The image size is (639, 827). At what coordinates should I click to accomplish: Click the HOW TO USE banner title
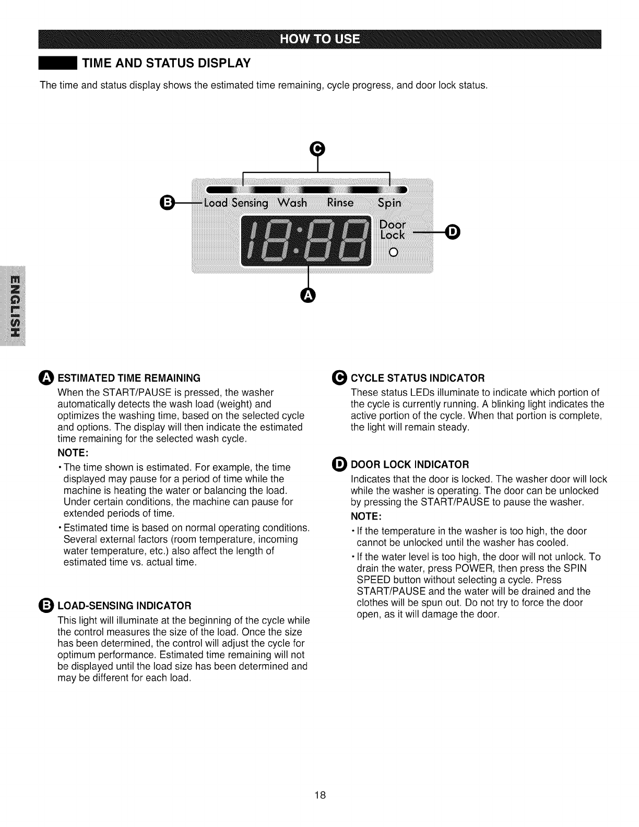(x=319, y=39)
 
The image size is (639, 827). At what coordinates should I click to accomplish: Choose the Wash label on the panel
(x=292, y=203)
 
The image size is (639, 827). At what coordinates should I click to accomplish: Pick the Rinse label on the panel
(x=340, y=203)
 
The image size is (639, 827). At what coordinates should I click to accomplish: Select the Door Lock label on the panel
(x=393, y=229)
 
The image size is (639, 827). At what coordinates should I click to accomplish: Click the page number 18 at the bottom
(x=320, y=796)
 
